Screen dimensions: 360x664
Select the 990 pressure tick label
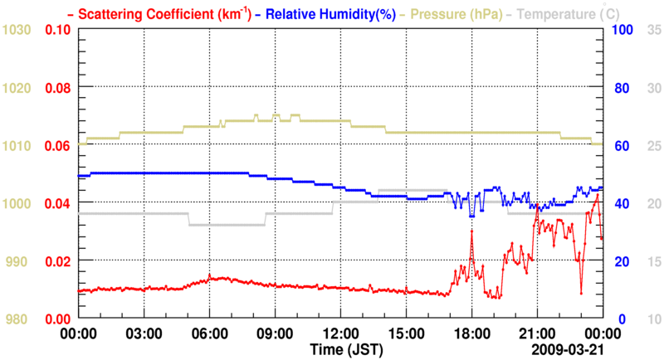20,261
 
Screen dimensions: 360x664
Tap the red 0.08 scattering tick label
57,88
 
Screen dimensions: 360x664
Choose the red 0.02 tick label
57,261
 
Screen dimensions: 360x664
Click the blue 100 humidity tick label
622,30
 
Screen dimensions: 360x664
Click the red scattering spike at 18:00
471,231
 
